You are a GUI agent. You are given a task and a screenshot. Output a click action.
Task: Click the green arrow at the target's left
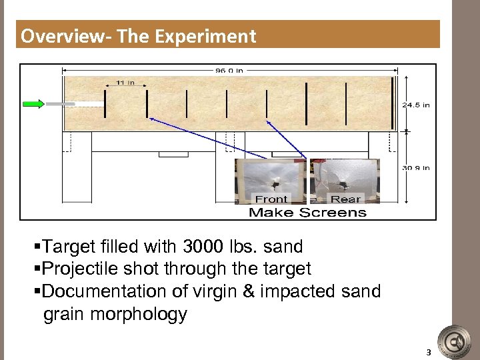33,103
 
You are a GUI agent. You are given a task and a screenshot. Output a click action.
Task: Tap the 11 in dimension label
125,83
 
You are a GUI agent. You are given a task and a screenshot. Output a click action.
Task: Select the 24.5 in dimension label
415,105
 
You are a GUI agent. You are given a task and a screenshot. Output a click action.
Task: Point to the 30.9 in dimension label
415,168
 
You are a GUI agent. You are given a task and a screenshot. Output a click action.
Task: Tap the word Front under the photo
271,199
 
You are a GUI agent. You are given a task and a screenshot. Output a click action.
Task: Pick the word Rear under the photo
345,199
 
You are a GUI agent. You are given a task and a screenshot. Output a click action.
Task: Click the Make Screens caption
307,213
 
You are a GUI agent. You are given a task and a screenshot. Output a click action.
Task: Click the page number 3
429,353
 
